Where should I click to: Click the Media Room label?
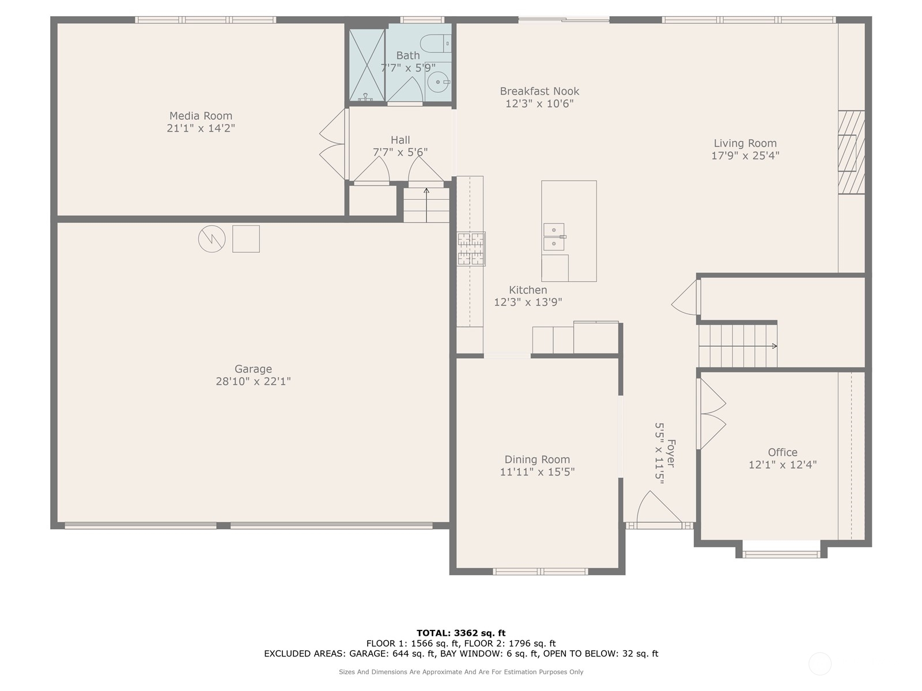click(201, 116)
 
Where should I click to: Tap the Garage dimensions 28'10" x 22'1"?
click(253, 381)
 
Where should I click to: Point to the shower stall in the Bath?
click(366, 64)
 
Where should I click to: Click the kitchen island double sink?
click(554, 237)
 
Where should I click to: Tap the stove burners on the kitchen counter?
click(471, 249)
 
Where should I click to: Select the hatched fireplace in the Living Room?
click(851, 152)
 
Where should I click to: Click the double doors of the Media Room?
click(334, 144)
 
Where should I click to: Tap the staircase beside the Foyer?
click(738, 345)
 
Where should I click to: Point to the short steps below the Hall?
click(426, 205)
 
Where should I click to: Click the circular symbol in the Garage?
click(211, 238)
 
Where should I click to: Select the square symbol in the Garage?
click(246, 238)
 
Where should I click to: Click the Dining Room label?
click(537, 460)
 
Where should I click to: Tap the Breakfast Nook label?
click(539, 91)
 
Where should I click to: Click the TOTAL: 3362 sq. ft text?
click(461, 633)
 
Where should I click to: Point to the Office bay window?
click(781, 554)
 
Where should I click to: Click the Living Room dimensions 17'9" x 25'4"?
click(745, 155)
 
